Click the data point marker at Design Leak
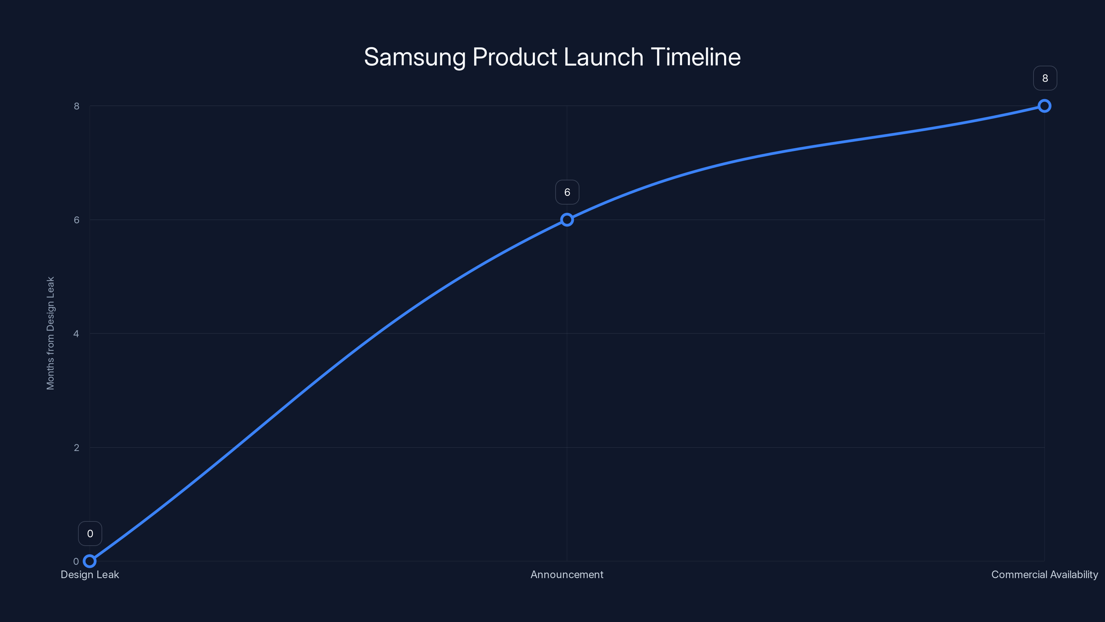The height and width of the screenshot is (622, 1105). coord(90,561)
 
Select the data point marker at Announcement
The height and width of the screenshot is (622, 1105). coord(567,220)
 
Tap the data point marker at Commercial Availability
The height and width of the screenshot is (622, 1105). coord(1045,106)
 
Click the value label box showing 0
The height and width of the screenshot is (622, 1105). coord(90,534)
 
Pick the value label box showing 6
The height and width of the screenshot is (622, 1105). coord(567,192)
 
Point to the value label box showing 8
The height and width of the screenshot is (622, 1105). coord(1045,78)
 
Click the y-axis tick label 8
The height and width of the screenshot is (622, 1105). coord(77,106)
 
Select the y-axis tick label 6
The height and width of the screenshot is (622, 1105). coord(77,220)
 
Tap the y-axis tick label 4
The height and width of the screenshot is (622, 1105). coord(77,333)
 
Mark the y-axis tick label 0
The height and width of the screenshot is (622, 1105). coord(76,562)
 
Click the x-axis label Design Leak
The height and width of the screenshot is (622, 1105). coord(90,575)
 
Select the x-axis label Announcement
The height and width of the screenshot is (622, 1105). coord(567,575)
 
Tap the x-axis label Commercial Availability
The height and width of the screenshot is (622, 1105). coord(1045,575)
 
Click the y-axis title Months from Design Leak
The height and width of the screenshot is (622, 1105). coord(51,333)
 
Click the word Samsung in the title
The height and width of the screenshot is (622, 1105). coord(415,57)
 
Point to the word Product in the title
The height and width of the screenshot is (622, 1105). coord(515,57)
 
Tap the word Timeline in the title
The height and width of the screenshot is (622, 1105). coord(696,57)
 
